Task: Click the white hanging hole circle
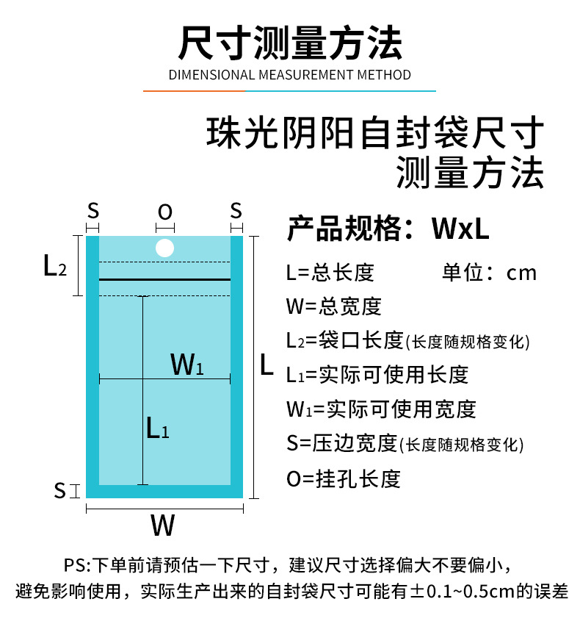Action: pos(164,248)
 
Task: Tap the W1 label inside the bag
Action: pos(186,364)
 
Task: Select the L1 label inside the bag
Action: pos(157,428)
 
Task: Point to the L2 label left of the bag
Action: pos(55,266)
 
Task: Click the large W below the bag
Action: pos(163,525)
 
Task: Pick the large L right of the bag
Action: pos(267,365)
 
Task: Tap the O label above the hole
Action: pos(165,212)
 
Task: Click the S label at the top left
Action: pos(93,211)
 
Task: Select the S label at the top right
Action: pos(236,211)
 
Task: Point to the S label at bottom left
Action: pos(60,490)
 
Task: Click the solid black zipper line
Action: pos(164,279)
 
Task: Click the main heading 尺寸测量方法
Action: pos(290,43)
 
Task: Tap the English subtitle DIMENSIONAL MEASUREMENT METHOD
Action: pos(290,75)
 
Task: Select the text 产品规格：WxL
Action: pos(388,229)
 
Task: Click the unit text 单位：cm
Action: pos(489,273)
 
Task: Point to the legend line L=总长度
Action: pos(330,273)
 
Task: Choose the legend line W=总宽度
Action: pos(334,306)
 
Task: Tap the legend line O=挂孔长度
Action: pos(344,479)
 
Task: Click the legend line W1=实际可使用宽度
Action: pos(381,409)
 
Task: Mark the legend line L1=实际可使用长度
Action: pos(377,375)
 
